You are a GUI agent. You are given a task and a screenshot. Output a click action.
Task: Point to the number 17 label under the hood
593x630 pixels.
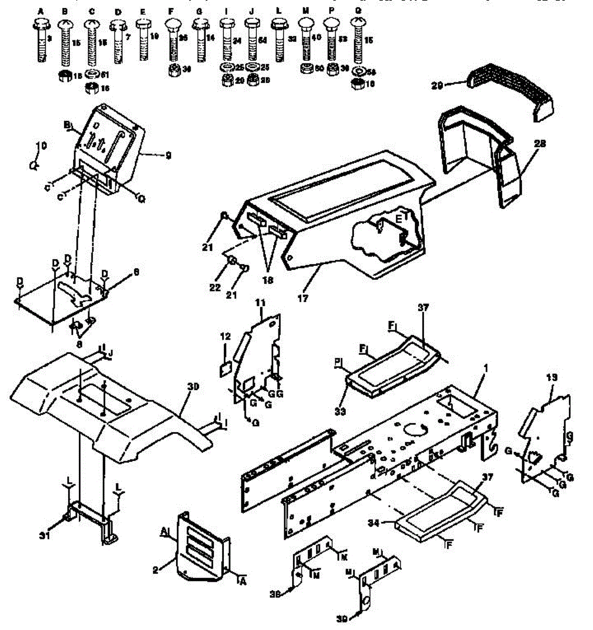pos(303,298)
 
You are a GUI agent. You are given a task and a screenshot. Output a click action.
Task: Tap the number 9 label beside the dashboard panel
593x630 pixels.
pos(168,155)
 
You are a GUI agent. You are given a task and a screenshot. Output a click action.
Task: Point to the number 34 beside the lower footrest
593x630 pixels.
pos(389,522)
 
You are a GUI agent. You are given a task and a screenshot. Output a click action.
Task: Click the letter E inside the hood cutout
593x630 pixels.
pos(399,218)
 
